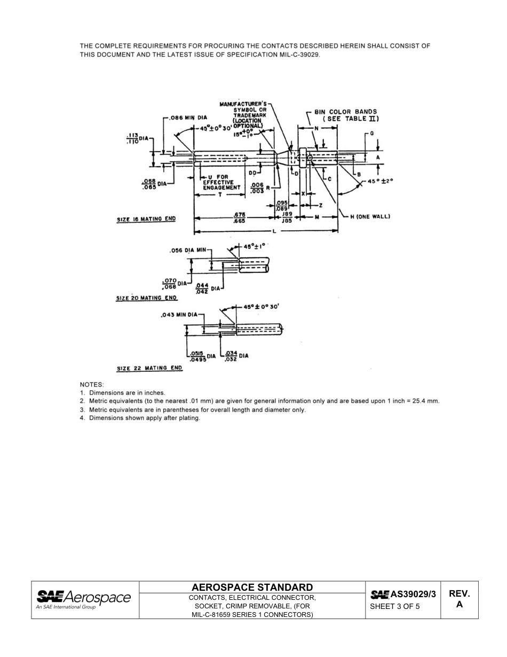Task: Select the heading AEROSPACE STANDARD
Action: (252, 587)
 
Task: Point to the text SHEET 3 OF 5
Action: (395, 607)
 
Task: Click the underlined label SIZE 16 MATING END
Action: (146, 220)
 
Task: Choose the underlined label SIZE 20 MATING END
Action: (146, 298)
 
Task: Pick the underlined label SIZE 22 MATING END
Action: (149, 368)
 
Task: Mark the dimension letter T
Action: (219, 195)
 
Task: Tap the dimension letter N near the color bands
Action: (316, 128)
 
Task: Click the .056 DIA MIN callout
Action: (187, 250)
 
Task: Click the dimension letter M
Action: (317, 217)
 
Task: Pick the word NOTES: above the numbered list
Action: (92, 384)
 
